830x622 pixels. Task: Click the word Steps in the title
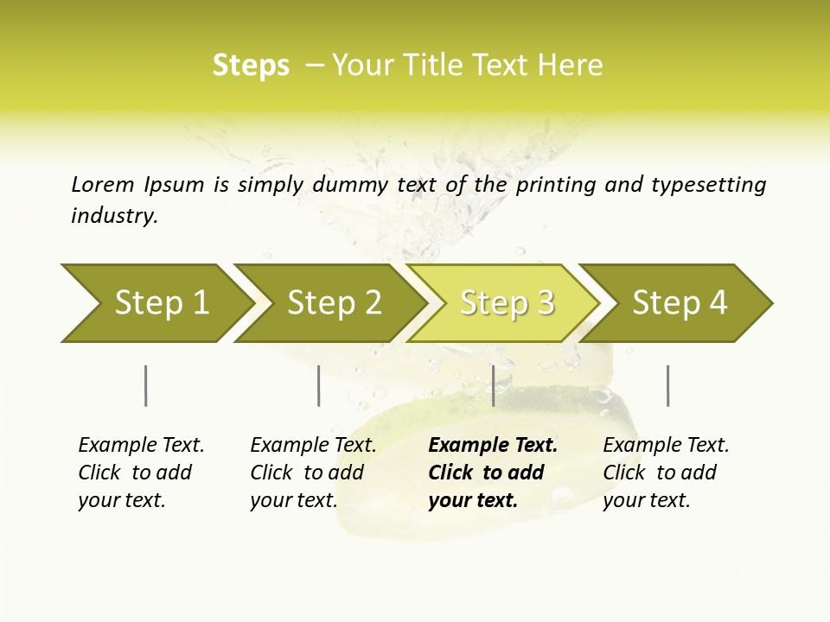click(x=251, y=66)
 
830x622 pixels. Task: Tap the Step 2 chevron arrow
click(x=333, y=303)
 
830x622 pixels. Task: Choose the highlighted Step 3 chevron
click(x=506, y=303)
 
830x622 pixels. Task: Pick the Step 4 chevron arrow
click(x=679, y=303)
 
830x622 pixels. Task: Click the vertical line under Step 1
click(x=145, y=385)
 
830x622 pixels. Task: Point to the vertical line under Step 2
click(x=319, y=385)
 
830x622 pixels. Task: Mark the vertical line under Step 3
click(x=493, y=385)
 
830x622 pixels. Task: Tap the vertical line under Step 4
click(x=667, y=385)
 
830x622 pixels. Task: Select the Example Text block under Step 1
click(x=141, y=473)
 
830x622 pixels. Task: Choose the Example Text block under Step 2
click(x=313, y=473)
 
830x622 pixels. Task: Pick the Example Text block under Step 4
click(x=666, y=473)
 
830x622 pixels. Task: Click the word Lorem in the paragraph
click(x=103, y=184)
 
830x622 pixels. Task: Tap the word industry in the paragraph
click(x=114, y=216)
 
